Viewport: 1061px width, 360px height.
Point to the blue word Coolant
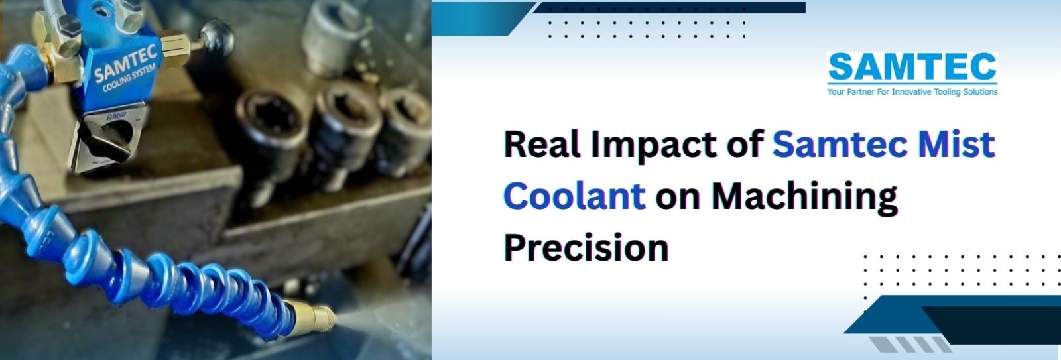point(574,195)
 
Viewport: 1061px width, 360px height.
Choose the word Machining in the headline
point(804,198)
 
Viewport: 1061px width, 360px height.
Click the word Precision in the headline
point(586,247)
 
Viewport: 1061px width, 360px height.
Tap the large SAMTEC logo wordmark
point(912,67)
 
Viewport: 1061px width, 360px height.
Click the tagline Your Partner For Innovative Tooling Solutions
point(912,91)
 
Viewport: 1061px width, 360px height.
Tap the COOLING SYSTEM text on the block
point(129,79)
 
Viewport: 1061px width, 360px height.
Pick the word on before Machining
point(678,199)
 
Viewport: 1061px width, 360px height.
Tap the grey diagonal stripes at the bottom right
point(910,344)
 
